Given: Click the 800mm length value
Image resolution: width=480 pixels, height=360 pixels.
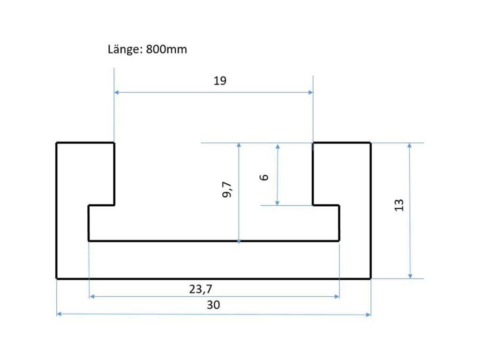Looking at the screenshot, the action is click(x=166, y=49).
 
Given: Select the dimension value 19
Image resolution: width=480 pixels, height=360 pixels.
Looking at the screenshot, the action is click(x=220, y=81).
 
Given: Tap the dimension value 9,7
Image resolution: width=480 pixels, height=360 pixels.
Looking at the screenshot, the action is click(x=227, y=189).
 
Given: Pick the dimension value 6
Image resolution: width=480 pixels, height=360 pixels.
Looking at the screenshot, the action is click(x=264, y=177).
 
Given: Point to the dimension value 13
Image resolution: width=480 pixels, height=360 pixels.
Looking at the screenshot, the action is click(x=399, y=205).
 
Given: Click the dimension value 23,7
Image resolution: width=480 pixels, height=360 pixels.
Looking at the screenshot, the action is click(x=201, y=289).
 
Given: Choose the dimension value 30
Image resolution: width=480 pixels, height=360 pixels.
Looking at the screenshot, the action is click(x=213, y=305).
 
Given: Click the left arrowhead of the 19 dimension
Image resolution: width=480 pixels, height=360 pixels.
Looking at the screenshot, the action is click(x=116, y=92).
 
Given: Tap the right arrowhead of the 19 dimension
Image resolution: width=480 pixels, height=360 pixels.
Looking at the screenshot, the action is click(x=311, y=92).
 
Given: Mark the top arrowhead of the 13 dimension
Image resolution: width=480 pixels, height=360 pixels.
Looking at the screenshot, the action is click(x=410, y=145).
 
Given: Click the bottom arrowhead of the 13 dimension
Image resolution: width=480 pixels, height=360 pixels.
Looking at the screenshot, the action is click(x=410, y=276).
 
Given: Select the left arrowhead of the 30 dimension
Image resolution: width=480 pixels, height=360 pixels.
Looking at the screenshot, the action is click(x=59, y=314).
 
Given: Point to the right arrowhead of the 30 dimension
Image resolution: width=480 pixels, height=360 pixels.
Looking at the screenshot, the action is click(x=368, y=315).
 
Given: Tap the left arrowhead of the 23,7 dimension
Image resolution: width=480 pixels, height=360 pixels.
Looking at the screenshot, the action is click(x=92, y=296).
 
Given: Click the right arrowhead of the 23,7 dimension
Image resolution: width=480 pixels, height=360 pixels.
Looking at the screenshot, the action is click(x=337, y=296).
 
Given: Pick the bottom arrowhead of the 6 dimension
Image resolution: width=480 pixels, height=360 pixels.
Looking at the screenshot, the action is click(x=277, y=203).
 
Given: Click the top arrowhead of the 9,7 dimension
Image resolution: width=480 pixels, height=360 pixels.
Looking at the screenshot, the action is click(x=239, y=145).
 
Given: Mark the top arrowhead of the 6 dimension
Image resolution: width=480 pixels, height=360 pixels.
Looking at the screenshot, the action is click(x=277, y=147).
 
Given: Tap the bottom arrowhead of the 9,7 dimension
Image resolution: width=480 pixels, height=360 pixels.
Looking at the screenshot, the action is click(x=239, y=241).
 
